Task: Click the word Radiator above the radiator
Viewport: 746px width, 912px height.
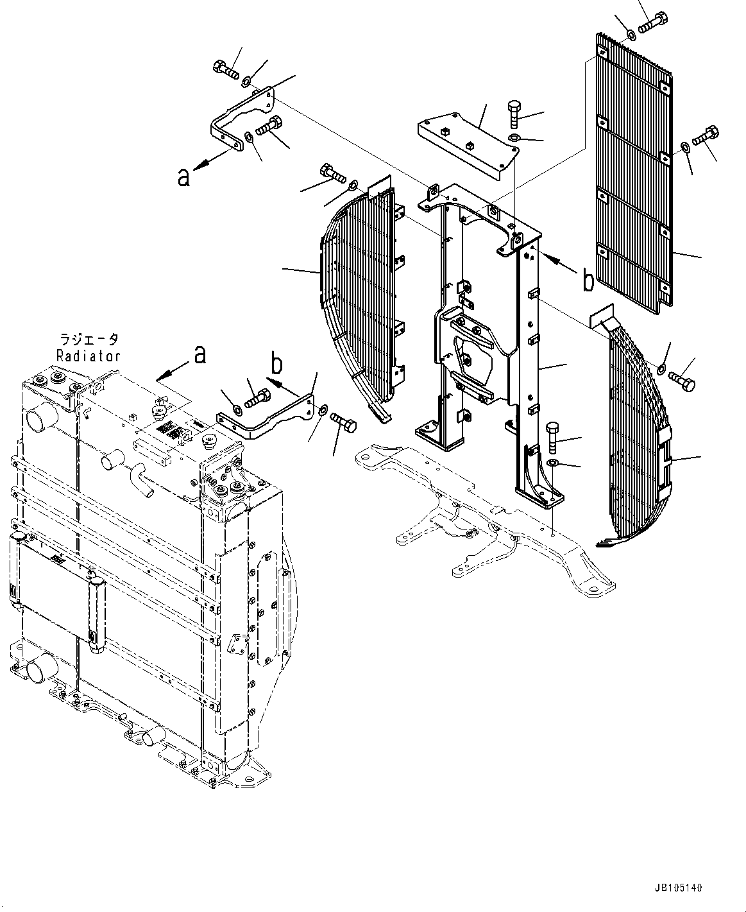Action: [88, 355]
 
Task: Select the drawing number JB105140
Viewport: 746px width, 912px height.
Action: [679, 888]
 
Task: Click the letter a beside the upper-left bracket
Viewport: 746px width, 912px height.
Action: [184, 176]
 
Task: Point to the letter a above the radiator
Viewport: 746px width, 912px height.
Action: [200, 354]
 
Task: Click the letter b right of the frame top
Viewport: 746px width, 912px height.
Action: [588, 280]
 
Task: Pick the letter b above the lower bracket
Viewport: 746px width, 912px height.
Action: [276, 364]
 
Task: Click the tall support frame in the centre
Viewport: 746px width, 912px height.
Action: [487, 334]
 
